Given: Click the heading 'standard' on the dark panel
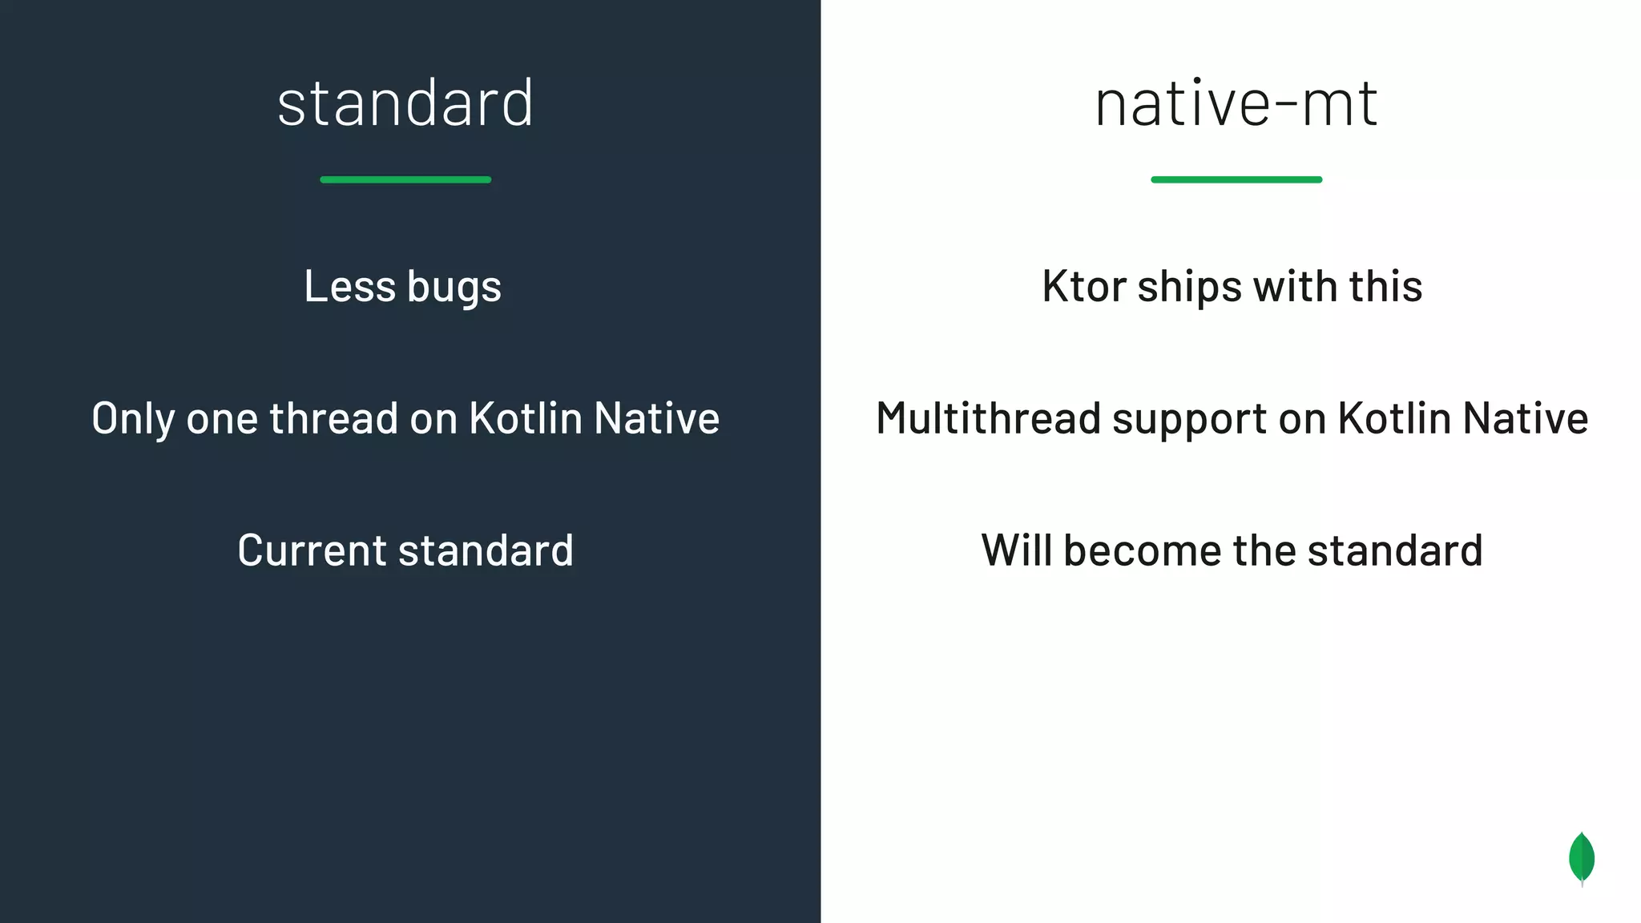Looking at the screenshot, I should click(405, 103).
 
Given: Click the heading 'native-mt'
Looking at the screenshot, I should click(1236, 104).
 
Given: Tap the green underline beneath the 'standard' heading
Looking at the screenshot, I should click(405, 179).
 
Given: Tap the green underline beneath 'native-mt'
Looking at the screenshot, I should click(1236, 179).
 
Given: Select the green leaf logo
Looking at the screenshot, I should click(1581, 858).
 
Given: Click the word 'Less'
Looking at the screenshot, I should click(350, 286).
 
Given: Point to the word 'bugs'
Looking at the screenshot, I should click(454, 288).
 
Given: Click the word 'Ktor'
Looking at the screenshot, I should click(1084, 286).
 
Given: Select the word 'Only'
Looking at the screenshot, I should click(133, 419).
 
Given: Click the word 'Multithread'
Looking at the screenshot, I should click(989, 418).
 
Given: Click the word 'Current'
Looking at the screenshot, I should click(312, 550).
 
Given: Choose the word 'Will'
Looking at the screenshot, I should click(1017, 550).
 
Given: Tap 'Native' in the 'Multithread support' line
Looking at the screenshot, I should click(1526, 418).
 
